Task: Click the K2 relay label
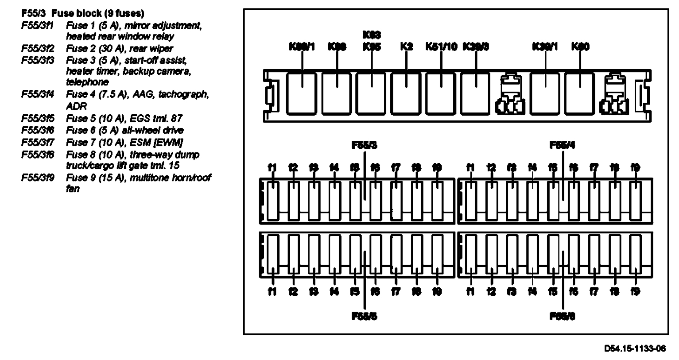pyautogui.click(x=406, y=46)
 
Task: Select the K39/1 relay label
pyautogui.click(x=544, y=46)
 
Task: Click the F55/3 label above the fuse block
pyautogui.click(x=364, y=145)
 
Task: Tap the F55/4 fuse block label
pyautogui.click(x=562, y=145)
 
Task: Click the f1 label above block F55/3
pyautogui.click(x=272, y=167)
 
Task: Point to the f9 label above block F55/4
pyautogui.click(x=635, y=167)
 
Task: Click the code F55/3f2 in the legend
pyautogui.click(x=38, y=48)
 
